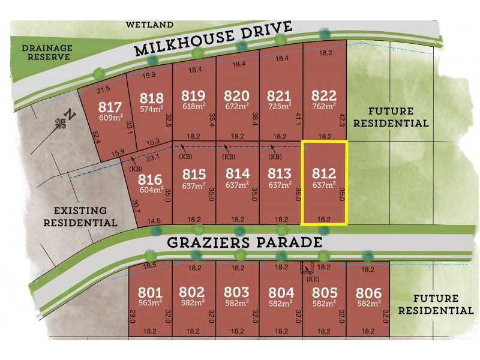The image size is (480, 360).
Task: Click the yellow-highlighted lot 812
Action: [x=324, y=183]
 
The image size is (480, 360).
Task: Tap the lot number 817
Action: [x=109, y=108]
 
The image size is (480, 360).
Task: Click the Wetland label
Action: [x=149, y=25]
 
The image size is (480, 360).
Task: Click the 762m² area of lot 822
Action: [x=324, y=107]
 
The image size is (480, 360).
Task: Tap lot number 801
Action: [x=150, y=293]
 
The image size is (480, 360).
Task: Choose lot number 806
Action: [x=368, y=293]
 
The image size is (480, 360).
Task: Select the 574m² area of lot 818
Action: [x=151, y=109]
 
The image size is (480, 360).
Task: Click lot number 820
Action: [x=236, y=96]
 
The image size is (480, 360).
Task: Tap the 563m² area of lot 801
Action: [x=150, y=304]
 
